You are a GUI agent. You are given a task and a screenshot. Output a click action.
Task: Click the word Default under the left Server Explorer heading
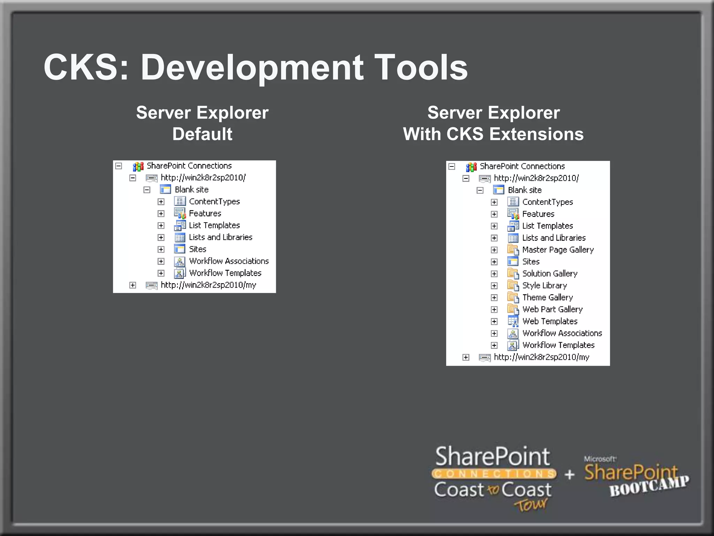[x=202, y=134]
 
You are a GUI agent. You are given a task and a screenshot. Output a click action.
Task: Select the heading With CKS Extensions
[x=493, y=134]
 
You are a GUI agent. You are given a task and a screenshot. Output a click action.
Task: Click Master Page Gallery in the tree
[x=557, y=250]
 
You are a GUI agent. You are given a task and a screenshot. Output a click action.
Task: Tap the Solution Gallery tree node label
[x=549, y=274]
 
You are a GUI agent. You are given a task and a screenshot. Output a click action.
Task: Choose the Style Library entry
[x=544, y=285]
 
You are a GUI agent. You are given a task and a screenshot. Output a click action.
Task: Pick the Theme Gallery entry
[x=547, y=297]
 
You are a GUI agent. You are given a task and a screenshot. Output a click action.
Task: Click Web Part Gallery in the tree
[x=552, y=309]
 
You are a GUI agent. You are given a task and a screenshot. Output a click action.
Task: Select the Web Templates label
[x=549, y=321]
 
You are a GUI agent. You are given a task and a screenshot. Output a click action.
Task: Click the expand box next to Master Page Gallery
[x=494, y=250]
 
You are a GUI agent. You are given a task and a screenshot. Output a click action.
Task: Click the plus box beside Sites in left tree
[x=161, y=249]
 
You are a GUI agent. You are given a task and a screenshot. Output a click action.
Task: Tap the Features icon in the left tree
[x=180, y=213]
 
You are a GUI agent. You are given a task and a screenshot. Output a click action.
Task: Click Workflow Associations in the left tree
[x=229, y=261]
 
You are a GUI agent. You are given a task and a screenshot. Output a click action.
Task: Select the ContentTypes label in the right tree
[x=547, y=202]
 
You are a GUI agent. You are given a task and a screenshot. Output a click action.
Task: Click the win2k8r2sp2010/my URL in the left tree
[x=208, y=285]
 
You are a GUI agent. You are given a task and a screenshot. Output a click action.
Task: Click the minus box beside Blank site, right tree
[x=480, y=190]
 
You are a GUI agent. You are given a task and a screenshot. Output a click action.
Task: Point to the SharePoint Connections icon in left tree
[x=138, y=166]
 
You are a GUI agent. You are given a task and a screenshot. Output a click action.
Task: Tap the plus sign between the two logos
[x=569, y=475]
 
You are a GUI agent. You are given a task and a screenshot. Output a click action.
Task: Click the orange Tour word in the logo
[x=531, y=505]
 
